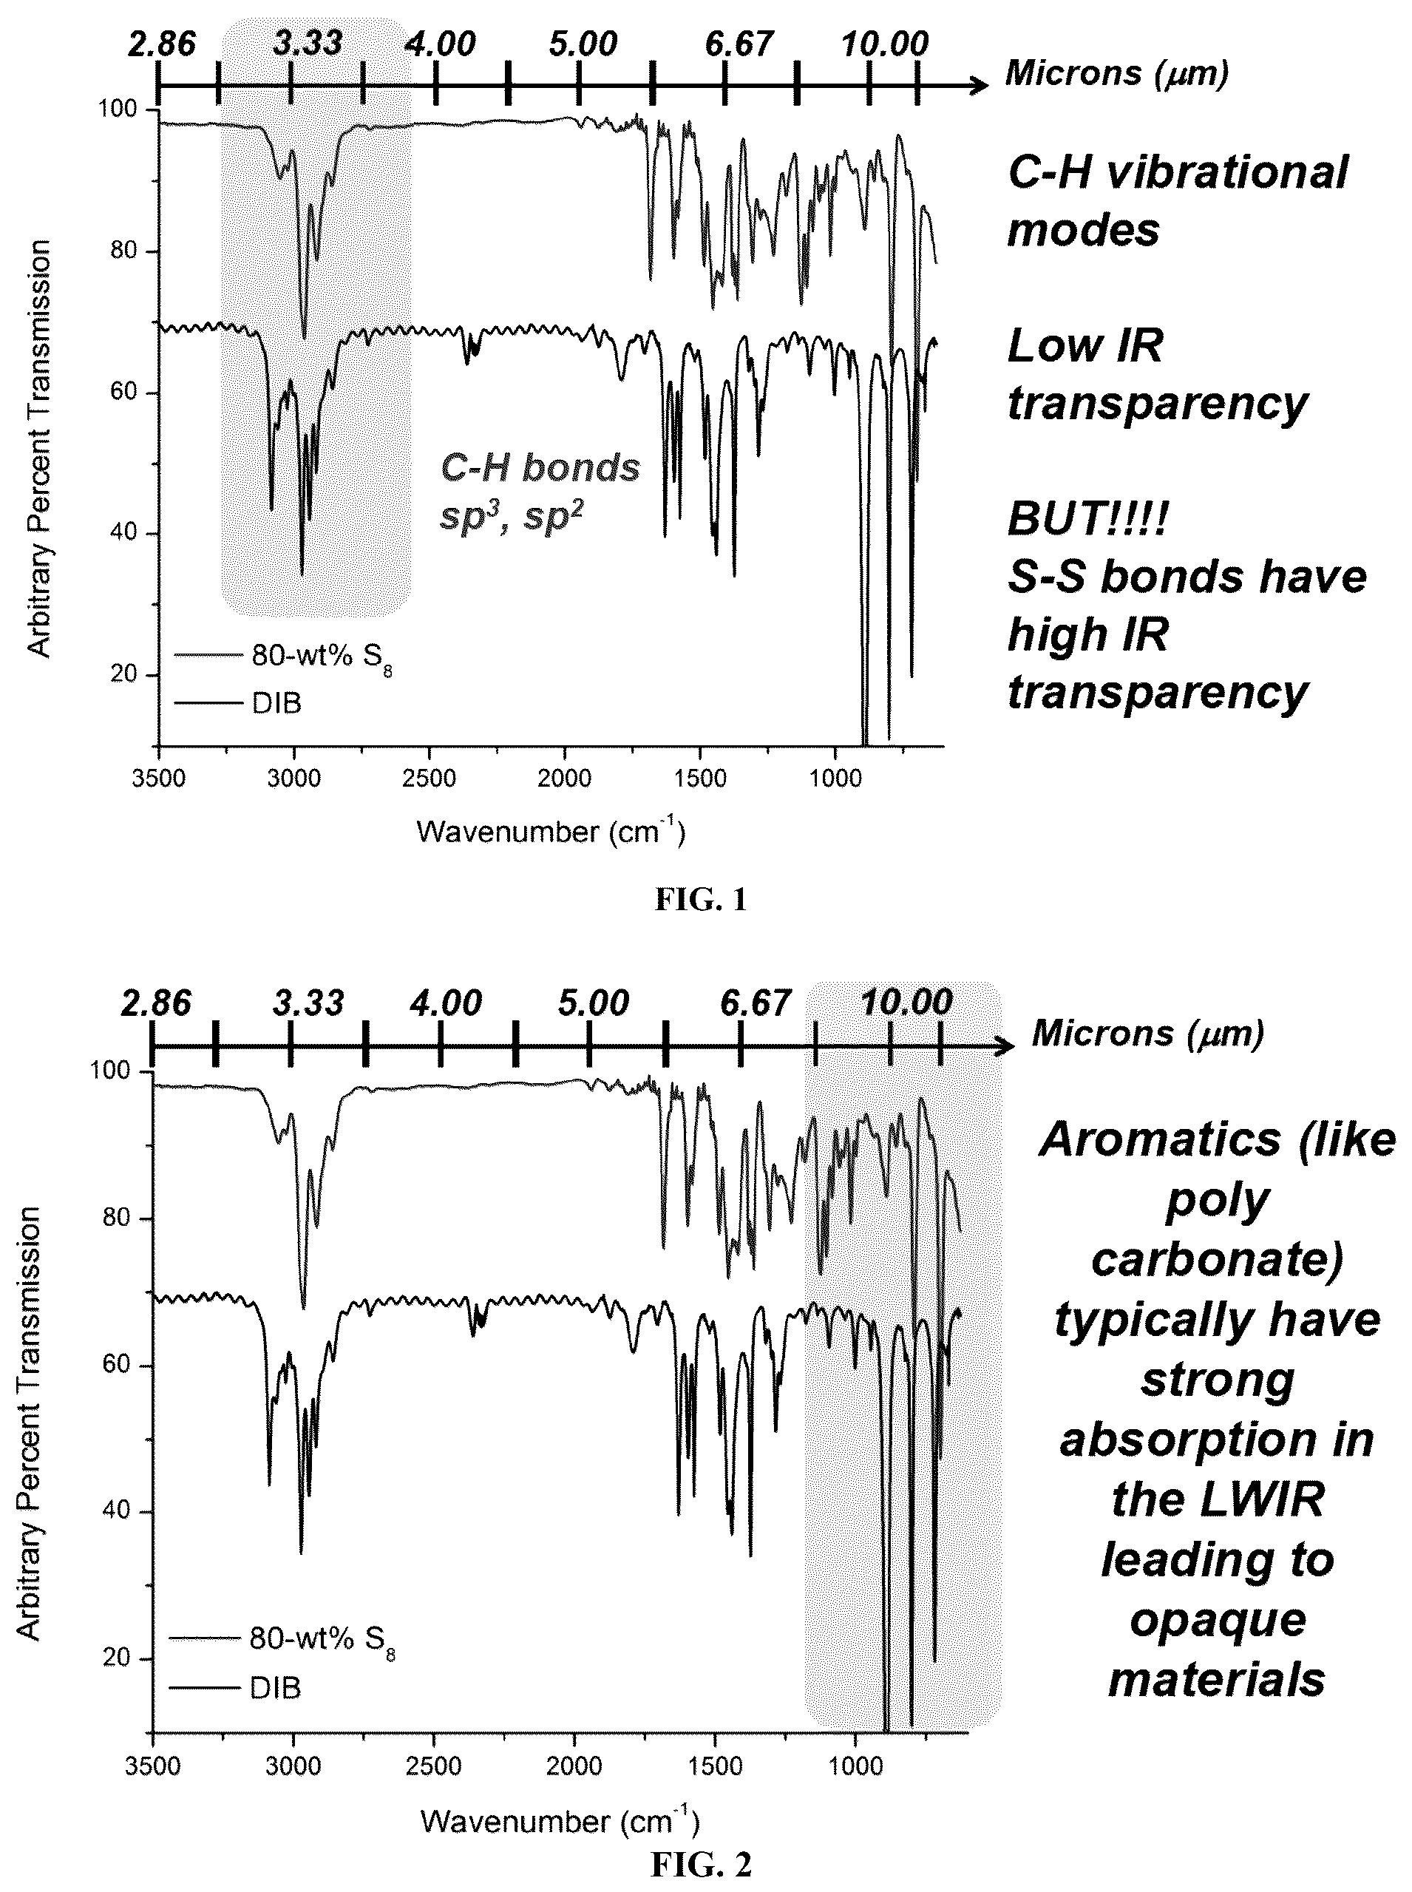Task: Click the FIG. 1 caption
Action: [701, 900]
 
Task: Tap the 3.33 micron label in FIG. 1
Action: [308, 43]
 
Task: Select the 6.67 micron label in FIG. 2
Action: [756, 1003]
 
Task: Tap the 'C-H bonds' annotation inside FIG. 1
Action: [540, 467]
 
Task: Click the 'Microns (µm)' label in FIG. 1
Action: [1116, 73]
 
